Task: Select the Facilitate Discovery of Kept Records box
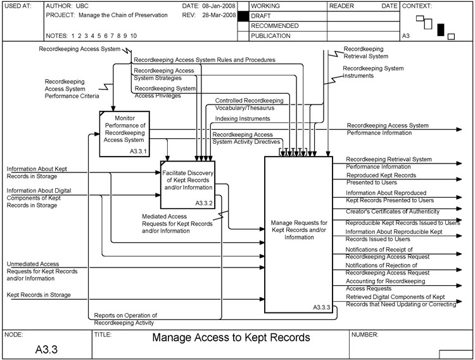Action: pos(186,184)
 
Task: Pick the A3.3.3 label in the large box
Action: pos(322,307)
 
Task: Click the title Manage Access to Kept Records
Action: pos(231,338)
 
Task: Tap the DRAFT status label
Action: pos(263,15)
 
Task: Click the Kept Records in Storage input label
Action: pos(39,295)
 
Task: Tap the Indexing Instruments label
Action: pos(243,119)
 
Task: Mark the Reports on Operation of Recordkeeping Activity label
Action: pos(125,319)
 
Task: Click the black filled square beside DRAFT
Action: pos(241,15)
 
